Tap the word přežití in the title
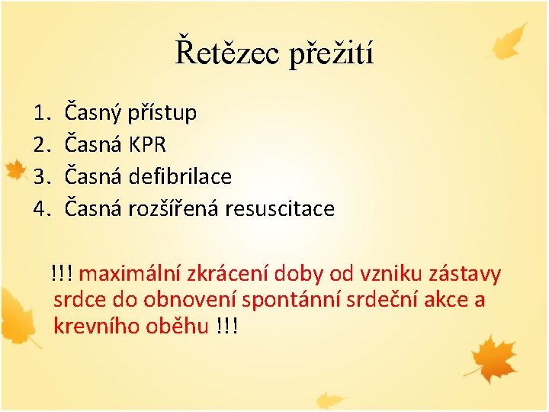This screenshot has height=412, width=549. click(x=331, y=53)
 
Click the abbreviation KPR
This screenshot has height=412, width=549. click(x=147, y=145)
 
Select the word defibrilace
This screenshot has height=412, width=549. click(x=180, y=176)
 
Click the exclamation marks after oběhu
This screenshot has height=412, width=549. click(x=227, y=327)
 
